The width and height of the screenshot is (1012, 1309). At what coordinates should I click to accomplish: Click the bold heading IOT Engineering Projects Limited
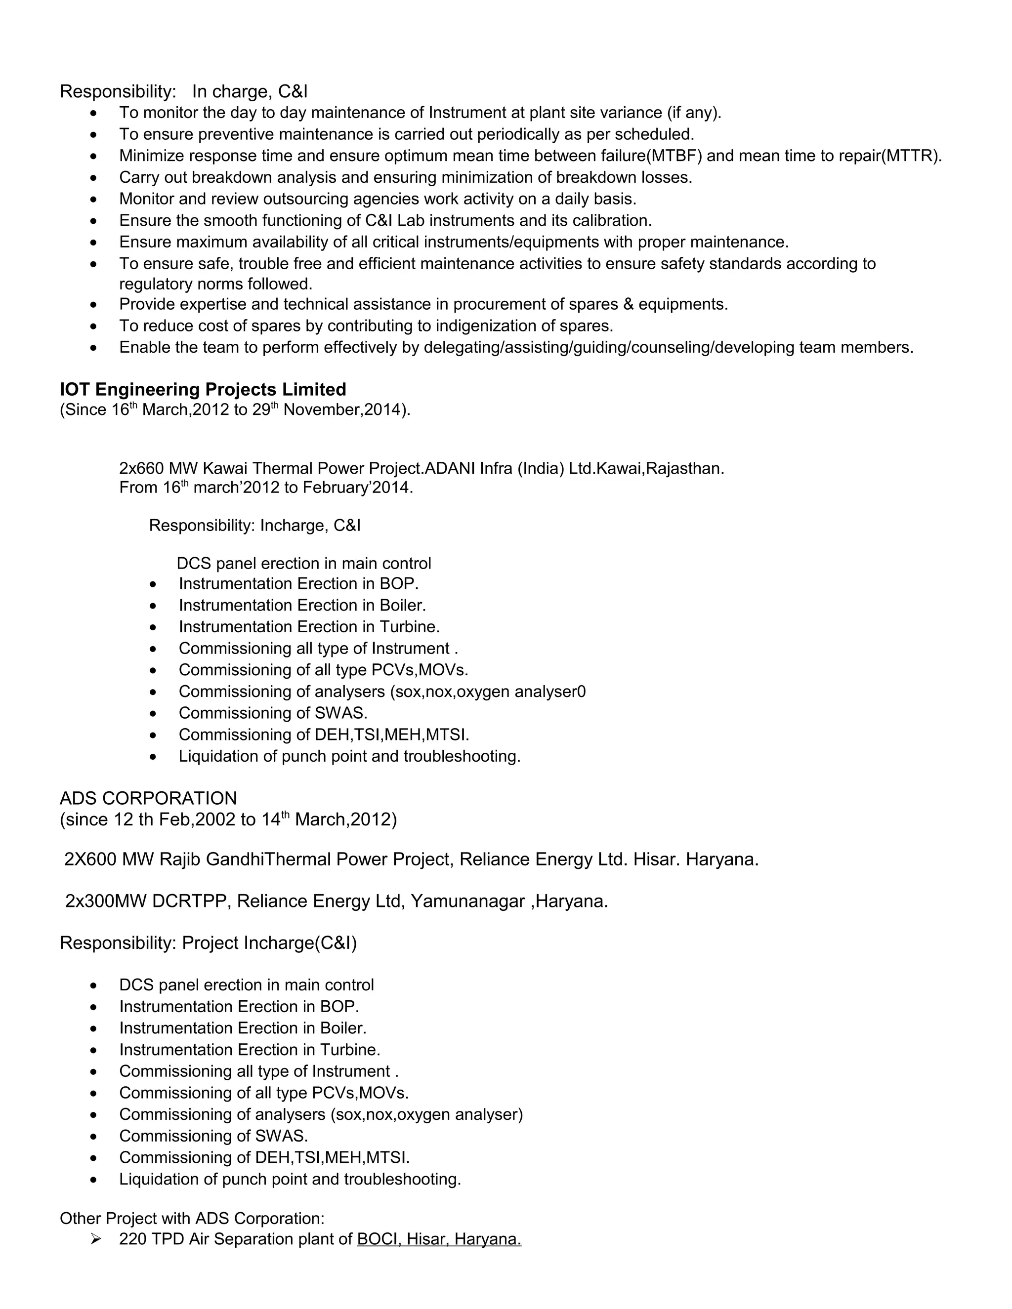(x=203, y=390)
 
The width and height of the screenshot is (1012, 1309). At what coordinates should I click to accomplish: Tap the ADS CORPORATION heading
(x=148, y=798)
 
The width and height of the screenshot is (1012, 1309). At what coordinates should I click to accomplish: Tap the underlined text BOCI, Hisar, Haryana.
(x=439, y=1239)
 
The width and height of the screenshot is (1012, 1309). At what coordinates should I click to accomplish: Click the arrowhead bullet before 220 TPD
(x=95, y=1239)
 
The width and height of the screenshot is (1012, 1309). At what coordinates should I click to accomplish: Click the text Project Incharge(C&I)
(x=269, y=943)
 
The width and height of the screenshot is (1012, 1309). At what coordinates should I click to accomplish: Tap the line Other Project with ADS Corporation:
(x=192, y=1219)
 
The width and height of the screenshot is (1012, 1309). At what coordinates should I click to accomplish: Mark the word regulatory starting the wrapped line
(x=157, y=284)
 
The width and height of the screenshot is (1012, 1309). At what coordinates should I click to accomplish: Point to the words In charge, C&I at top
(x=250, y=92)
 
